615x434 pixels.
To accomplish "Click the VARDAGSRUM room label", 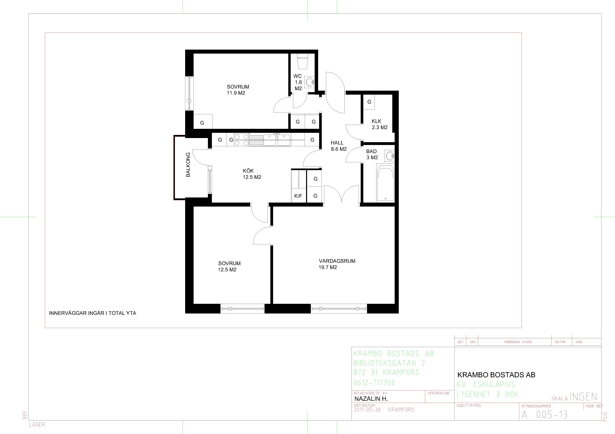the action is pos(337,261).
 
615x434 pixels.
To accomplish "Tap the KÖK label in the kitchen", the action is pos(248,171).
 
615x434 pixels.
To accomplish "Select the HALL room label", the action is pos(337,143).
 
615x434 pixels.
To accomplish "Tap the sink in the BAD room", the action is pos(390,156).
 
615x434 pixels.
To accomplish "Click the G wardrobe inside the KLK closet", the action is pos(369,102).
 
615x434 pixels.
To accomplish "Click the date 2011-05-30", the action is pos(367,410).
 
